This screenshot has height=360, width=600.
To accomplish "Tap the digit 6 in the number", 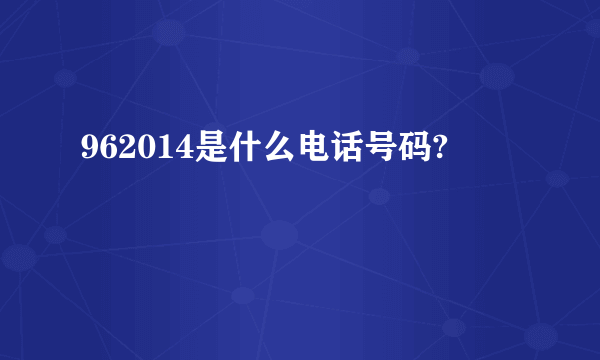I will point(109,151).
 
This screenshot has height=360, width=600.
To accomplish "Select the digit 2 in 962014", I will point(128,151).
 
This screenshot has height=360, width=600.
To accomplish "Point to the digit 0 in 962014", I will point(147,151).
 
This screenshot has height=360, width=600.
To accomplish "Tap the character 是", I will point(212,151).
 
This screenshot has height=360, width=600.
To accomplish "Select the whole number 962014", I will point(138,151).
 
